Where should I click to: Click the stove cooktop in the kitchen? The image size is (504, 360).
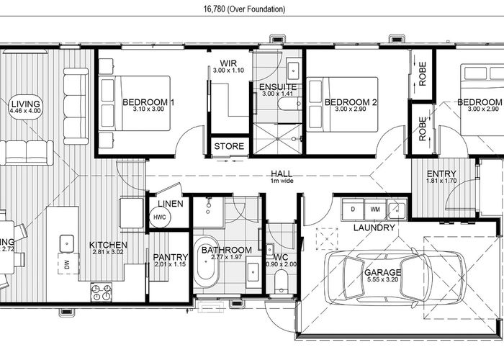[100, 292]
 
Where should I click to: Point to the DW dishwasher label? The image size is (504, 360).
[66, 266]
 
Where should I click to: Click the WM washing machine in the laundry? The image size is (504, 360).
[375, 210]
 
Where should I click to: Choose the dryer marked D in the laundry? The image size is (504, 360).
[353, 210]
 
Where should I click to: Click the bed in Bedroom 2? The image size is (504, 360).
[342, 103]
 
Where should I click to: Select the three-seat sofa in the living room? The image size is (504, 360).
[26, 151]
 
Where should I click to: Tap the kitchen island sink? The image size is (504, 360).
[66, 242]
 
